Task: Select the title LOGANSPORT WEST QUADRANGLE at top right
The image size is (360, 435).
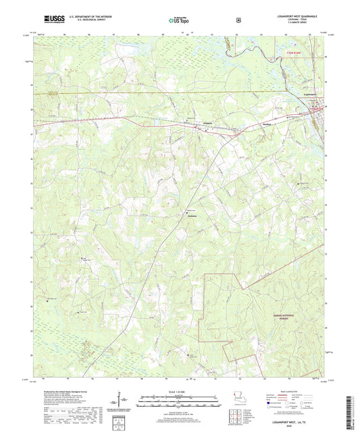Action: click(x=301, y=17)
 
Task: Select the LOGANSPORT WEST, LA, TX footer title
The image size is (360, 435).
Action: click(x=301, y=424)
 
